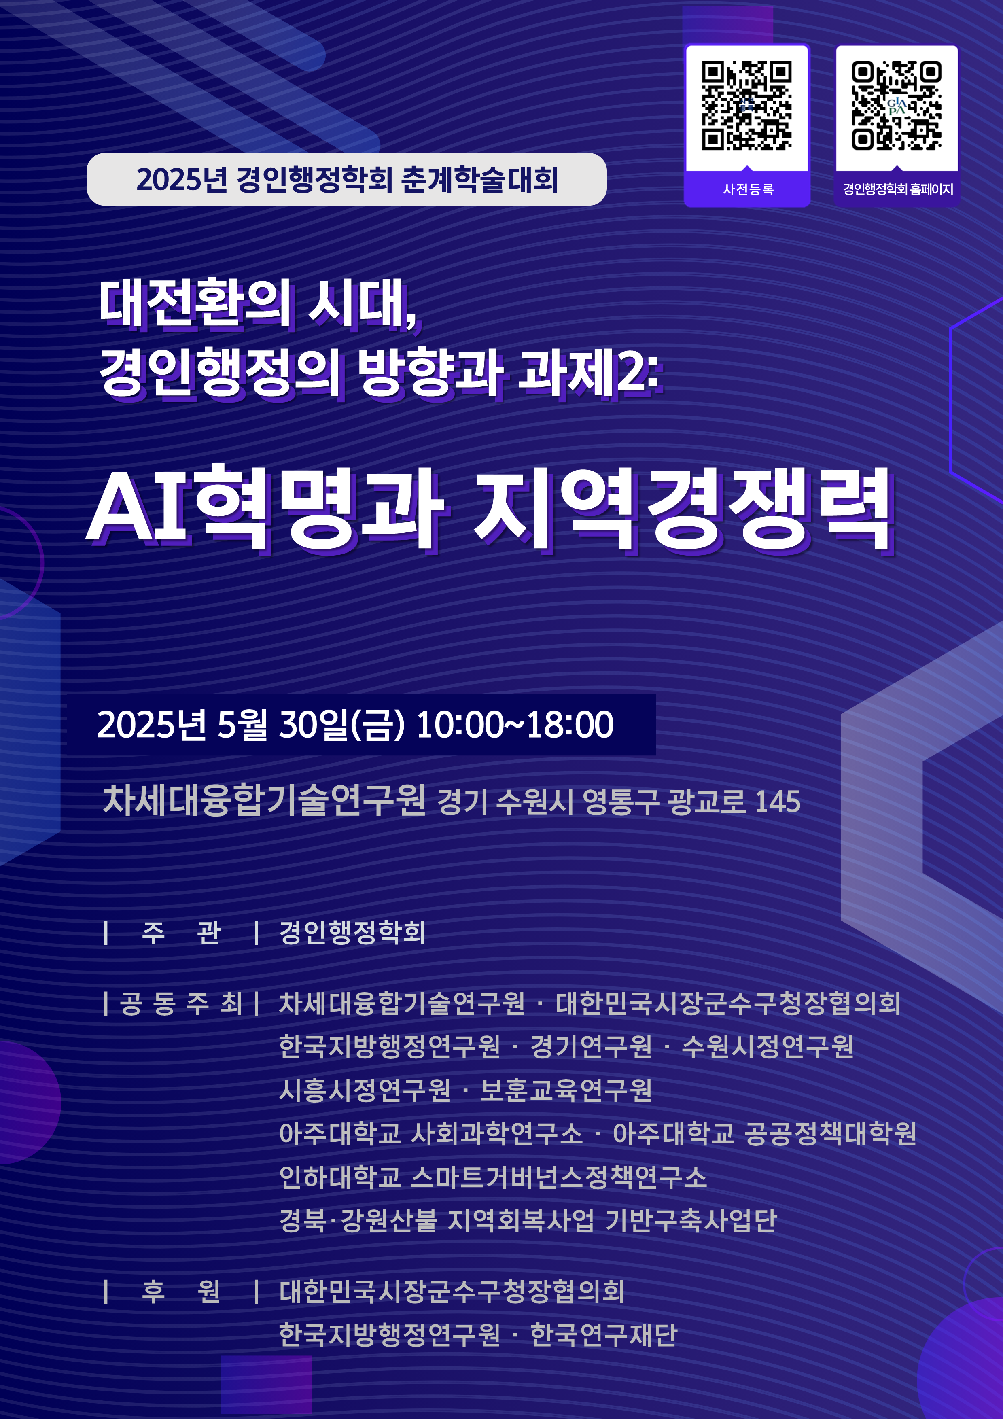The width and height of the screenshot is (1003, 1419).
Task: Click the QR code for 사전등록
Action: [746, 105]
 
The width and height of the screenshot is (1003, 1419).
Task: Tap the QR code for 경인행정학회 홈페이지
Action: [897, 105]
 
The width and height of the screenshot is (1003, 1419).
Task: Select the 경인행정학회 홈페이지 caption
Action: [898, 189]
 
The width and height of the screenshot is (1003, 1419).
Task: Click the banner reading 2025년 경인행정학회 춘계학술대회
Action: [347, 179]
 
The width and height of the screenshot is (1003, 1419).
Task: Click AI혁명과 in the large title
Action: [266, 509]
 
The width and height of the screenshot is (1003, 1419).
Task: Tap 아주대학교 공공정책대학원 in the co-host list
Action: [764, 1133]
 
